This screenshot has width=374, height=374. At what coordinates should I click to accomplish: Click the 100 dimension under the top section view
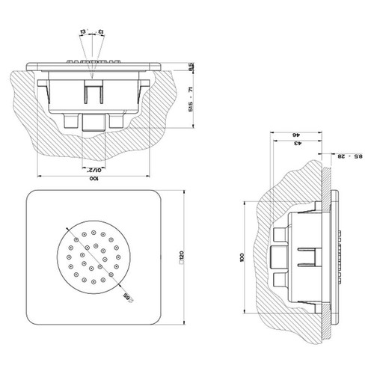[x=93, y=180]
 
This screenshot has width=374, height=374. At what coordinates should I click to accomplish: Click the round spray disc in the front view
[x=93, y=258]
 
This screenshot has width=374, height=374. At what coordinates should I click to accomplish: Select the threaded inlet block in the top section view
[x=94, y=121]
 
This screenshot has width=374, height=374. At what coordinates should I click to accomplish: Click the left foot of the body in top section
[x=73, y=119]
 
